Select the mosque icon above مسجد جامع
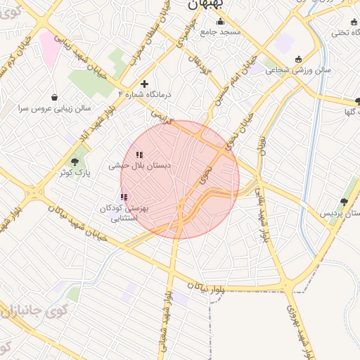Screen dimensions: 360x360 (x=221, y=21)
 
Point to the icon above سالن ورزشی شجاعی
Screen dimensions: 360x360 (x=298, y=59)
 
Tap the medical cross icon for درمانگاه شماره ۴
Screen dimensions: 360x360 (x=144, y=84)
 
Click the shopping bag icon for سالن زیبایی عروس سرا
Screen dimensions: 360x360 (x=55, y=97)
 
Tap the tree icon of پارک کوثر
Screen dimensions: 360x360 (x=75, y=162)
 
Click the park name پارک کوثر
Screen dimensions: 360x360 (x=75, y=172)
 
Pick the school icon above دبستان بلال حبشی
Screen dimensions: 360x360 (x=139, y=155)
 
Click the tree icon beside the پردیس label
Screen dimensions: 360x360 (x=344, y=202)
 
